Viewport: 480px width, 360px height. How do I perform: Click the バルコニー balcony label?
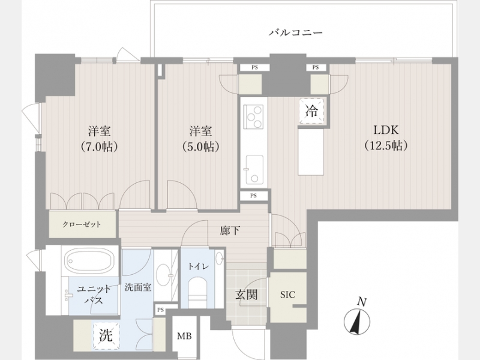296,32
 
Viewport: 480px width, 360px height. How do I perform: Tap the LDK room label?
386,130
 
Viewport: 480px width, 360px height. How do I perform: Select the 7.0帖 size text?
100,147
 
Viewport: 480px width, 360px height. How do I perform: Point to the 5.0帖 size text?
200,147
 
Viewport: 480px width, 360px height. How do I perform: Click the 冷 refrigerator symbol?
312,112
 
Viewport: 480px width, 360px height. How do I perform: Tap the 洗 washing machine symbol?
106,337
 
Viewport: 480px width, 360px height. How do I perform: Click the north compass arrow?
356,322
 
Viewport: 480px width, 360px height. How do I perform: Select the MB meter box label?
185,336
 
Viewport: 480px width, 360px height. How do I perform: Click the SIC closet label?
288,295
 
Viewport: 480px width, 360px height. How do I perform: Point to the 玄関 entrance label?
246,295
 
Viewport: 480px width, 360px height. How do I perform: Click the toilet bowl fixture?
197,290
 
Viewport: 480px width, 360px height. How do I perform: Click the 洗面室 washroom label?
138,287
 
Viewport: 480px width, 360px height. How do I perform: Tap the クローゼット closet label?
82,224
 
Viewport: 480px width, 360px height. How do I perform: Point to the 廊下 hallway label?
230,230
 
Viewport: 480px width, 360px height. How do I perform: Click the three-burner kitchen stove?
253,116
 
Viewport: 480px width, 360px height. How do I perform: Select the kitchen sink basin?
254,170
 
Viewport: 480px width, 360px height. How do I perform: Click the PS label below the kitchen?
253,196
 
